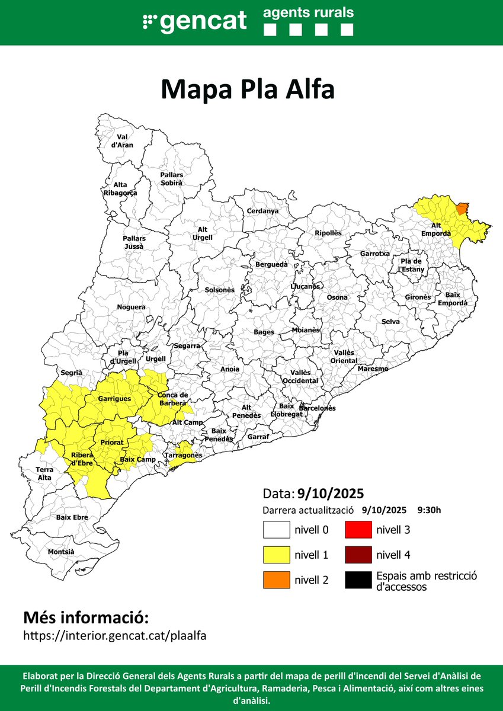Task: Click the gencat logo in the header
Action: point(194,23)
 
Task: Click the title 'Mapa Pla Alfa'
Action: point(248,89)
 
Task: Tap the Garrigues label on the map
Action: point(114,399)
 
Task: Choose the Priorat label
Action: point(112,442)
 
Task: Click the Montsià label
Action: point(61,552)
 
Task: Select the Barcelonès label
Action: point(317,408)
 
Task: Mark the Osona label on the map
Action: point(337,297)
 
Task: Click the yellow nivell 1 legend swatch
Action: point(276,555)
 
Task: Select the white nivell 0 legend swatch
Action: point(276,529)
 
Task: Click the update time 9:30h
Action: point(429,510)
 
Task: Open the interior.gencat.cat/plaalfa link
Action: point(114,635)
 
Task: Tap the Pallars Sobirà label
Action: point(171,179)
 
